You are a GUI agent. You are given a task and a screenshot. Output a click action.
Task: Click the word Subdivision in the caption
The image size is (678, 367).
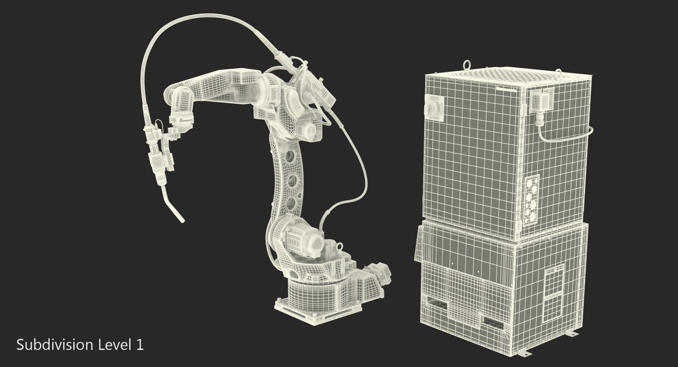(x=55, y=345)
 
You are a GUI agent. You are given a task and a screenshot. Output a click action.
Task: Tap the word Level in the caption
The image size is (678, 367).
(x=113, y=345)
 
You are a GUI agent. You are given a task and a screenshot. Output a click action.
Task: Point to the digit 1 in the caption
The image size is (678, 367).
(x=140, y=345)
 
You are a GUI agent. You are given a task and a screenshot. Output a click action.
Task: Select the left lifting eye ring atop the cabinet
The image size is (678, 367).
(x=466, y=66)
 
